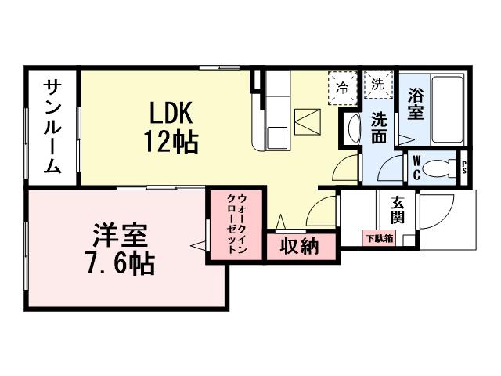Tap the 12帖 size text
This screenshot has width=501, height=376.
pos(169,142)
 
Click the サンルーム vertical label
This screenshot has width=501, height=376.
pos(52,127)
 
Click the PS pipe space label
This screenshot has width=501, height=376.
pos(464,168)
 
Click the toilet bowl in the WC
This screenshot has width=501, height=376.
pos(442,168)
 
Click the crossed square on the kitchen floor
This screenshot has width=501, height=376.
pos(307,122)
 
